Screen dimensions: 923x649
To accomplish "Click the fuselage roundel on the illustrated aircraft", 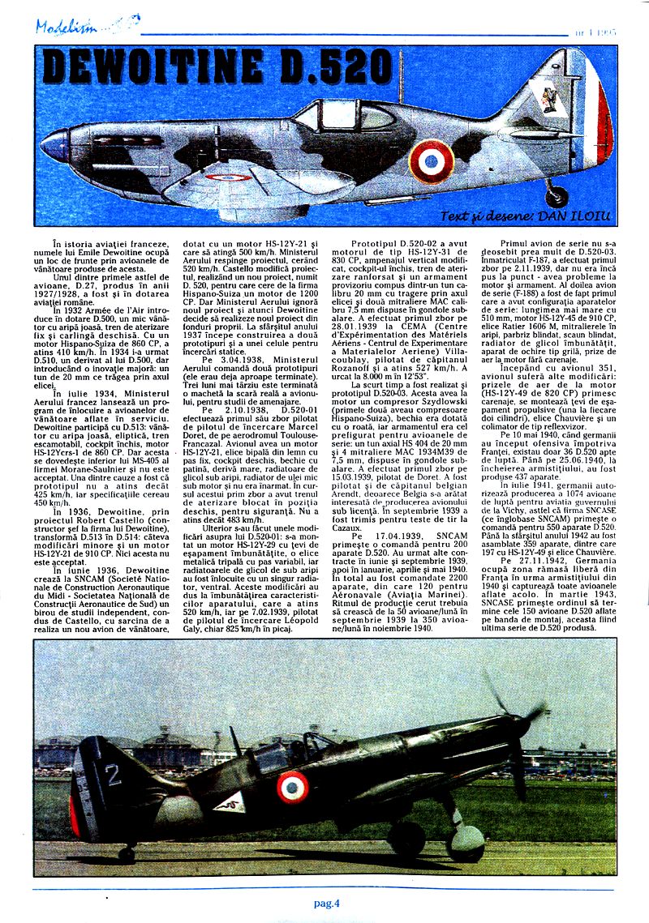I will pos(431,160).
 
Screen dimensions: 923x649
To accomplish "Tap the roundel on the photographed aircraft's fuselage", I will pos(293,784).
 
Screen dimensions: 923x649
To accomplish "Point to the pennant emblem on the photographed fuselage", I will pos(229,803).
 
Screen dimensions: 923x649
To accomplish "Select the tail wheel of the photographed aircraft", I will pos(127,851).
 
